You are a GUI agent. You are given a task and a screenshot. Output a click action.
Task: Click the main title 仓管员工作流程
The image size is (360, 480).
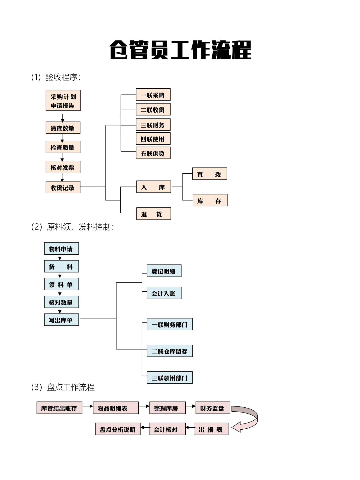point(180,50)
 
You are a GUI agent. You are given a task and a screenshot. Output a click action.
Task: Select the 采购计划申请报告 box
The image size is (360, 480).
point(63,100)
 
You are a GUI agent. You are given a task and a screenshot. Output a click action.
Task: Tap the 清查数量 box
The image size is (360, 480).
point(63,128)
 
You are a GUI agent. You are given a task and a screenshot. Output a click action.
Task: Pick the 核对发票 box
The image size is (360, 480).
point(63,167)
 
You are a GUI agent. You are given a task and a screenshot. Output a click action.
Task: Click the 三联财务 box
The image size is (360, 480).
point(153,125)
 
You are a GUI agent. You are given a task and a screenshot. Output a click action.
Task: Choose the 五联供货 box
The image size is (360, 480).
point(153,153)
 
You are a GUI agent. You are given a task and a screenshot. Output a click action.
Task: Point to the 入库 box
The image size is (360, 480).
point(154,187)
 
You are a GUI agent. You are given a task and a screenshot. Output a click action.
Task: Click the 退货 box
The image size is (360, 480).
point(154,214)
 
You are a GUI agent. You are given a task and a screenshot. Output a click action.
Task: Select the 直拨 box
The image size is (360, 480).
point(210,174)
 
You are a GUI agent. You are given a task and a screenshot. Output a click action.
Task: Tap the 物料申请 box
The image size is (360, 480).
point(61,249)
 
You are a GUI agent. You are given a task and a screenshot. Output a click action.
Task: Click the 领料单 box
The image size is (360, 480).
point(61,284)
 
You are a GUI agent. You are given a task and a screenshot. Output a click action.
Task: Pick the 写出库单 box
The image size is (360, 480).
point(61,320)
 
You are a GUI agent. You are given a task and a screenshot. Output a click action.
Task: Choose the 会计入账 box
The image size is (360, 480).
point(164,293)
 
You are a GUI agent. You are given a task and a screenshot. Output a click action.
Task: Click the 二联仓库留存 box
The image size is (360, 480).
point(170,351)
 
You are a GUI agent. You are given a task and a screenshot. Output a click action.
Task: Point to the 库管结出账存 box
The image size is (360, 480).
point(59,408)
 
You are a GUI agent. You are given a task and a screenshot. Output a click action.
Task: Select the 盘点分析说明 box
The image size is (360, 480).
point(118,429)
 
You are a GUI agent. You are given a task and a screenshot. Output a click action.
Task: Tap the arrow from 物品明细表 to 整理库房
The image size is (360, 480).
point(144,406)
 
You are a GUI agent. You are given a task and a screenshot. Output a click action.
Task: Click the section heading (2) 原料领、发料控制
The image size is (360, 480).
point(73,227)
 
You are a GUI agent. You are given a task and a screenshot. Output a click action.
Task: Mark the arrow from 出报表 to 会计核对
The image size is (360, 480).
point(190,428)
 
